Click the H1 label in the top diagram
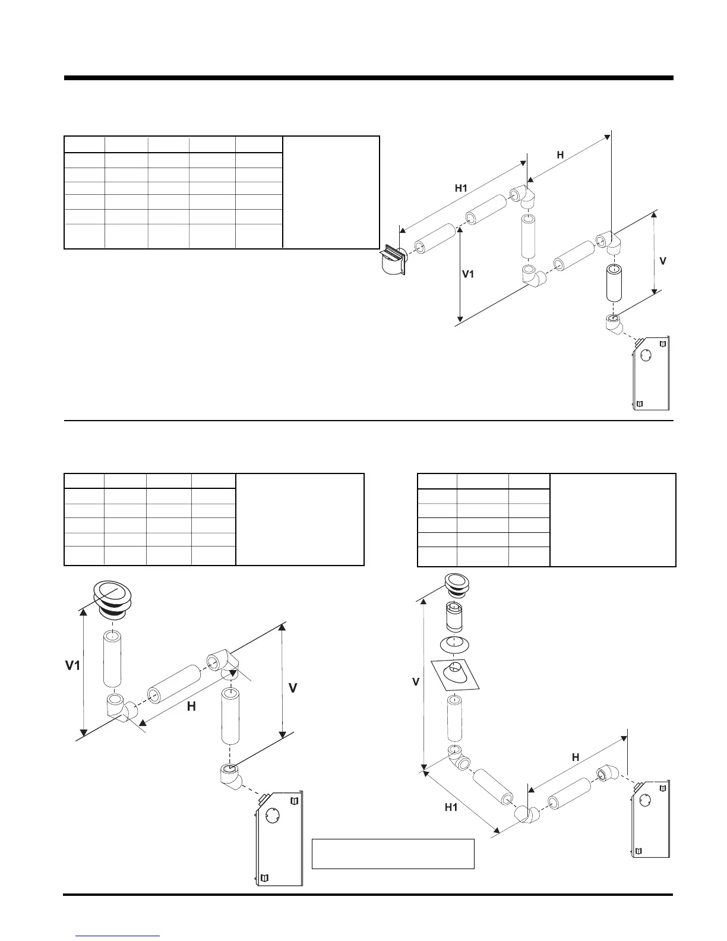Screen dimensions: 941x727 pos(461,188)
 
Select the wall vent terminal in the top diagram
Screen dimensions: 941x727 pos(393,261)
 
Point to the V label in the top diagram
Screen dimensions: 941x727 pos(663,261)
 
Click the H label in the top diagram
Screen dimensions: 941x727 pos(560,154)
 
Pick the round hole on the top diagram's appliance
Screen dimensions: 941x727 pos(646,356)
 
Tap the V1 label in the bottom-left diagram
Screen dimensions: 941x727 pos(72,666)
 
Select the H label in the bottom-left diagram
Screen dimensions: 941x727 pos(191,706)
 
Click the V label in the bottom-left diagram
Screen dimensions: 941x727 pos(293,689)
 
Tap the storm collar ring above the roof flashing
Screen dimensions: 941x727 pos(456,643)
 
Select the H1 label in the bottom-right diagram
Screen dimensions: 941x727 pos(451,807)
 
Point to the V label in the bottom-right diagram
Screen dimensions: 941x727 pos(416,683)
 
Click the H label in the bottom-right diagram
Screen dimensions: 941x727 pos(576,757)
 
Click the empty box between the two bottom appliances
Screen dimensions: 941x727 pos(393,854)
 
